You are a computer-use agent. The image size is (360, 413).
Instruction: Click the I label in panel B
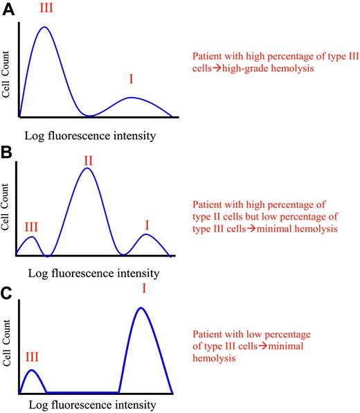click(146, 225)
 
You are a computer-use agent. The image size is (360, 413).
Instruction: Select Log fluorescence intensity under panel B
click(89, 272)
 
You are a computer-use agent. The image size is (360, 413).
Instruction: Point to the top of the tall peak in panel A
click(44, 28)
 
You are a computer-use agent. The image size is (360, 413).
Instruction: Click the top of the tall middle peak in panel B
click(87, 168)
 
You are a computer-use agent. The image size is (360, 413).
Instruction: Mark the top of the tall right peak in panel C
click(141, 308)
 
